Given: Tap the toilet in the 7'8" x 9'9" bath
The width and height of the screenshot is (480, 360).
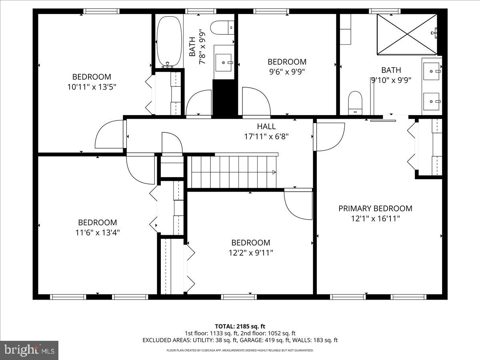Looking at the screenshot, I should pos(219,27).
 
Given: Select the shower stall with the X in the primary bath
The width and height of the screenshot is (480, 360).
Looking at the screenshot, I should pos(407,34).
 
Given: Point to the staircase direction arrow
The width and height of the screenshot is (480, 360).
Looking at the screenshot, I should pos(273,172).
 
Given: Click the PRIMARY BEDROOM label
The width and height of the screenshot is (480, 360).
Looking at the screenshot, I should pos(375,208).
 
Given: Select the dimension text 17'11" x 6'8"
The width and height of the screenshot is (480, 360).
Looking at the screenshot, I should pos(266,136).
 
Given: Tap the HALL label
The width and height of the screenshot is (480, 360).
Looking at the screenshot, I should pos(266,126).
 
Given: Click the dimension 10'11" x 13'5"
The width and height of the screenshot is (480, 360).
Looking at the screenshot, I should pos(92,87).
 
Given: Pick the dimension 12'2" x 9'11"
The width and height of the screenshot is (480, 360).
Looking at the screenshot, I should pos(250,253).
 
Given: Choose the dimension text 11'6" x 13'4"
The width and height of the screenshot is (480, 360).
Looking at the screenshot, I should pos(97,232).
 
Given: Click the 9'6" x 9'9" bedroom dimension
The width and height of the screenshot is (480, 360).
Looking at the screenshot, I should pos(287,72).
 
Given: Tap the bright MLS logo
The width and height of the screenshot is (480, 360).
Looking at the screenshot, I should pos(29,350).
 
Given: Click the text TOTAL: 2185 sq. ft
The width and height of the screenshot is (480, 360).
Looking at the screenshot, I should pos(240,326).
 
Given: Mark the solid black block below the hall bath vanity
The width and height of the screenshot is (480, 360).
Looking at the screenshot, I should pos(225,98).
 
